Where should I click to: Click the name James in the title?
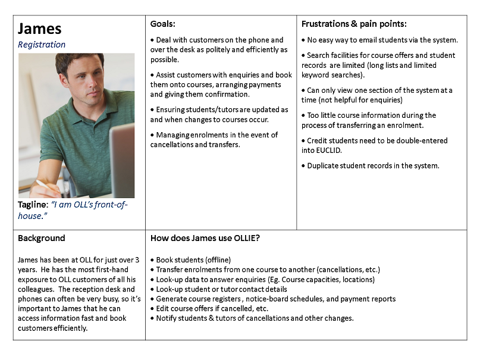pyautogui.click(x=39, y=29)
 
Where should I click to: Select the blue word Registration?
pyautogui.click(x=42, y=45)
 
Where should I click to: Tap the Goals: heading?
pyautogui.click(x=163, y=24)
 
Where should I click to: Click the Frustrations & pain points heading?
pyautogui.click(x=354, y=24)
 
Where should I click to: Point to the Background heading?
pyautogui.click(x=41, y=238)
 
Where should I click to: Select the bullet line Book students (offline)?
pyautogui.click(x=193, y=260)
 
